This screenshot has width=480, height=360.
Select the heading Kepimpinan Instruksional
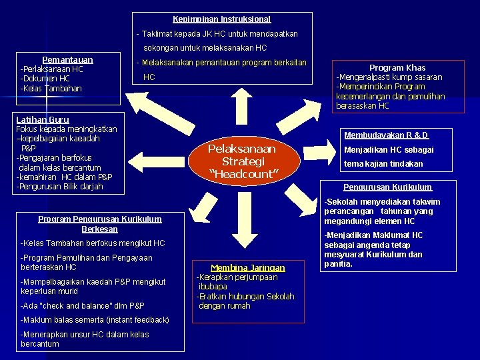pyautogui.click(x=222, y=19)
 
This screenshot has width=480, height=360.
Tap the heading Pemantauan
pyautogui.click(x=67, y=60)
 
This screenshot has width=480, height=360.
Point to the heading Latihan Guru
pyautogui.click(x=42, y=120)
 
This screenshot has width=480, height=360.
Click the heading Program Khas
pyautogui.click(x=397, y=67)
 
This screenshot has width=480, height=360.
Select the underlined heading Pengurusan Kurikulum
pyautogui.click(x=387, y=187)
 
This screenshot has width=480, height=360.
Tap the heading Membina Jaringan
pyautogui.click(x=247, y=267)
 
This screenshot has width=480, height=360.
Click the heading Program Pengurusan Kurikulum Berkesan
pyautogui.click(x=99, y=223)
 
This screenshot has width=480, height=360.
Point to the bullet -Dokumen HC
pyautogui.click(x=45, y=79)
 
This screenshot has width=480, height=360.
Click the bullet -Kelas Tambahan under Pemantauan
pyautogui.click(x=51, y=89)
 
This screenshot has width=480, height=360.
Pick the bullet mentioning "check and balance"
pyautogui.click(x=83, y=306)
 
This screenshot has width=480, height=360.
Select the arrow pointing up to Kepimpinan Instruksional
pyautogui.click(x=242, y=107)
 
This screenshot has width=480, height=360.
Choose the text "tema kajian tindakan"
pyautogui.click(x=383, y=163)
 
